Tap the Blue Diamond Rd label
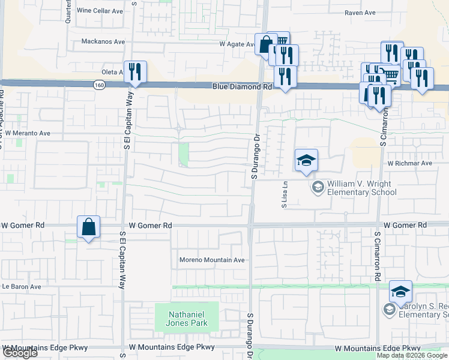[x=242, y=87]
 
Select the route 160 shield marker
[x=98, y=86]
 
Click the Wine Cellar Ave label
[x=100, y=11]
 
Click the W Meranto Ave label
[x=28, y=133]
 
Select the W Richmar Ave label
[x=409, y=163]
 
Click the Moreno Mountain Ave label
[x=212, y=260]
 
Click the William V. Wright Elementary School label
[x=361, y=188]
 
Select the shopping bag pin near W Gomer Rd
[x=88, y=227]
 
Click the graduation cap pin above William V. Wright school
[x=306, y=161]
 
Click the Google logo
[x=20, y=353]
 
